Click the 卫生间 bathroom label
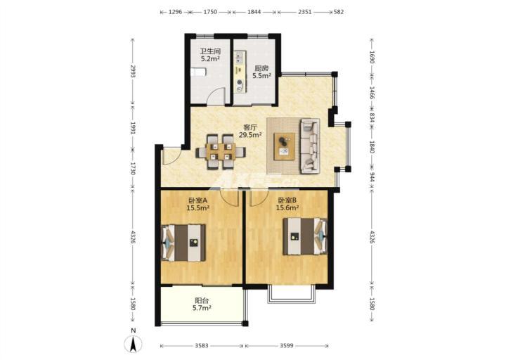210,51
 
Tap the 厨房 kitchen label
261,68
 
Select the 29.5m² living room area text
250,135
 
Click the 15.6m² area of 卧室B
287,208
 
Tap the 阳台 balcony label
202,300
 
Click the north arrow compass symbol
134,344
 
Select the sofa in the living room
310,146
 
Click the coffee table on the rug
285,146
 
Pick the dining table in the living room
221,152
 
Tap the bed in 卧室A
183,243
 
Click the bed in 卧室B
305,236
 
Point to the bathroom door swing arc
216,94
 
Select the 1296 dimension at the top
175,12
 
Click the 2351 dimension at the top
304,12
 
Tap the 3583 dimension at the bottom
202,346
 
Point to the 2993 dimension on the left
133,71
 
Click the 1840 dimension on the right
372,147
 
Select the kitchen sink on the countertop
239,58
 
